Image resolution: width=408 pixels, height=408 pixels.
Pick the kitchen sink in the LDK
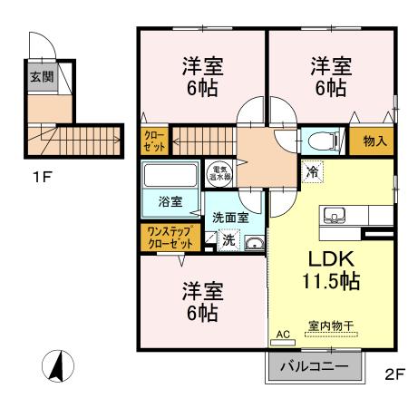tap(333, 216)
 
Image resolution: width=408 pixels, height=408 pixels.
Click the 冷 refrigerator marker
tap(313, 170)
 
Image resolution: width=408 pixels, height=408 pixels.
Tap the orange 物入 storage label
tap(375, 141)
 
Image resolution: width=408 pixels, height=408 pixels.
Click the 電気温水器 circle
tap(220, 172)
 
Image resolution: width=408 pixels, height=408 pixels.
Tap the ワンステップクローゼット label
tap(170, 238)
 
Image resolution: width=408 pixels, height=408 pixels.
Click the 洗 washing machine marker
tap(228, 240)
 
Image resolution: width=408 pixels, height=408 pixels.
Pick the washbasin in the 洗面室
tap(253, 241)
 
